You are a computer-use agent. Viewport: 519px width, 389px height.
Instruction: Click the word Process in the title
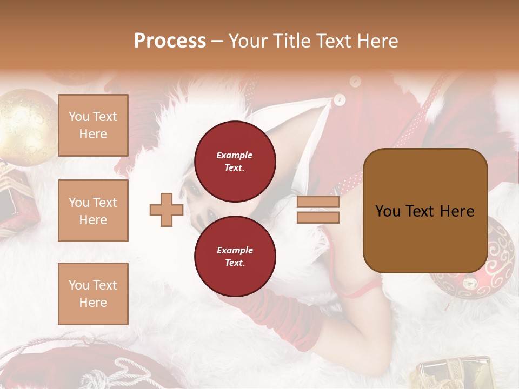tap(170, 41)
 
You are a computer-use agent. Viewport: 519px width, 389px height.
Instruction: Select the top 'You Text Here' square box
tap(93, 125)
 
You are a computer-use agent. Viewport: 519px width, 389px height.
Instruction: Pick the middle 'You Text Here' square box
tap(93, 211)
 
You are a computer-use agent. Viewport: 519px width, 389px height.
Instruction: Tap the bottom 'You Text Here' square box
tap(93, 293)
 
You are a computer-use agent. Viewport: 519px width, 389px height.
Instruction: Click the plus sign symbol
tap(166, 210)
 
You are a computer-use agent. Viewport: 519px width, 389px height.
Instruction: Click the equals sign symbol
tap(318, 210)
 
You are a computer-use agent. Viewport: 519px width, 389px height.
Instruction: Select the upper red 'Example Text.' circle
tap(235, 161)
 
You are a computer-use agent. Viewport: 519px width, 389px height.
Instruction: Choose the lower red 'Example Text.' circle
tap(235, 256)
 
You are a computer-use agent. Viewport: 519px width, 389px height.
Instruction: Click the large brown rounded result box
tap(425, 211)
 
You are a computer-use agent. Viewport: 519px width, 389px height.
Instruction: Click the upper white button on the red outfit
tap(355, 81)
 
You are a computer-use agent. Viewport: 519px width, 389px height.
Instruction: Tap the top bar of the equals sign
tap(318, 202)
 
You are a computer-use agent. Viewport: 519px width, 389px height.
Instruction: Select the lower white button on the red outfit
tap(339, 99)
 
